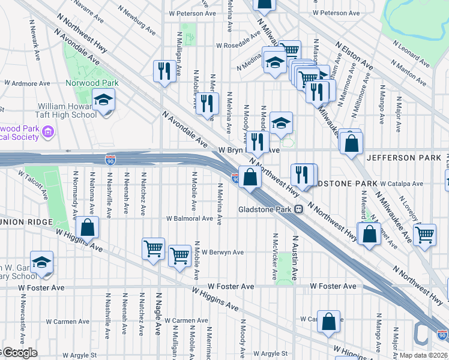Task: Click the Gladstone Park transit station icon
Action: pos(298,209)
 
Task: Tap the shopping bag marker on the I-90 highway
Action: pos(251,177)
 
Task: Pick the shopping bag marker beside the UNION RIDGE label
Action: pos(88,229)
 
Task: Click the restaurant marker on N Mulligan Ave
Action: pos(163,71)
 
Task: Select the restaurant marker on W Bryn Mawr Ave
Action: pos(257,142)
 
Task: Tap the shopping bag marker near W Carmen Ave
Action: pos(328,322)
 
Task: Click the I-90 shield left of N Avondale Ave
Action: pos(109,160)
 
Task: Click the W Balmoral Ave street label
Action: pos(190,218)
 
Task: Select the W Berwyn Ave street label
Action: pos(223,253)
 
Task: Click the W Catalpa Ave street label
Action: pos(402,184)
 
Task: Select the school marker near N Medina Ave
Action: pos(274,63)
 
